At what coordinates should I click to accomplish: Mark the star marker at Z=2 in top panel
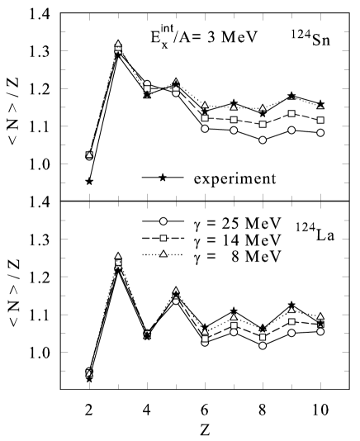88,181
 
